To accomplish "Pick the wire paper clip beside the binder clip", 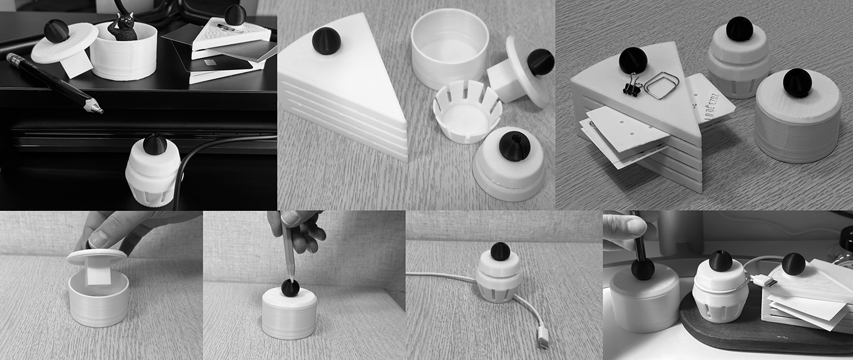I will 660,85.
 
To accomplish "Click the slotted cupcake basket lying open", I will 466,111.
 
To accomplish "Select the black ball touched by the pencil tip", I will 290,288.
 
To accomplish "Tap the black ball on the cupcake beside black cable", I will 155,144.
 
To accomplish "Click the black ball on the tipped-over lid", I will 540,62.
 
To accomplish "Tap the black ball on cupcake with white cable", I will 500,251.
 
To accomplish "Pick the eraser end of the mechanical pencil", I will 11,58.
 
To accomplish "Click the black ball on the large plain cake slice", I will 326,41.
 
